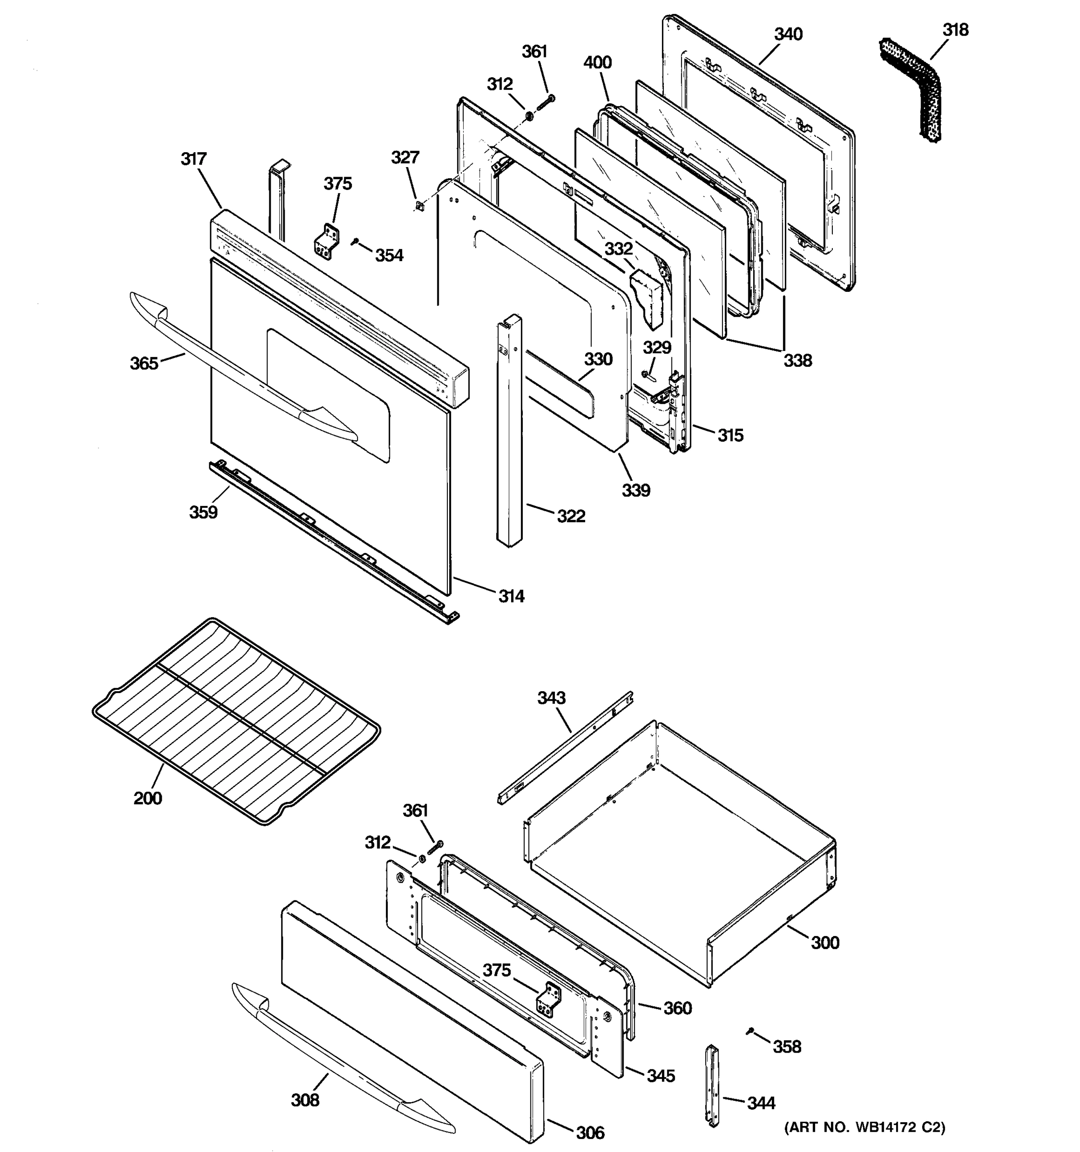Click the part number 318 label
(x=955, y=30)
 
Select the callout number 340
(x=789, y=34)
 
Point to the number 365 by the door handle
(x=144, y=363)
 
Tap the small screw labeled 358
(x=751, y=1030)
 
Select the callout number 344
(x=761, y=1103)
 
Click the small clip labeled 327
(x=419, y=204)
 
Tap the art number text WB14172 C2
(x=864, y=1127)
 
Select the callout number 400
(x=598, y=62)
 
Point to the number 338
(x=798, y=360)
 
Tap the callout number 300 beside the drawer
(x=825, y=943)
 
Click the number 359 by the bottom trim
(x=204, y=512)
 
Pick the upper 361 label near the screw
(x=534, y=51)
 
